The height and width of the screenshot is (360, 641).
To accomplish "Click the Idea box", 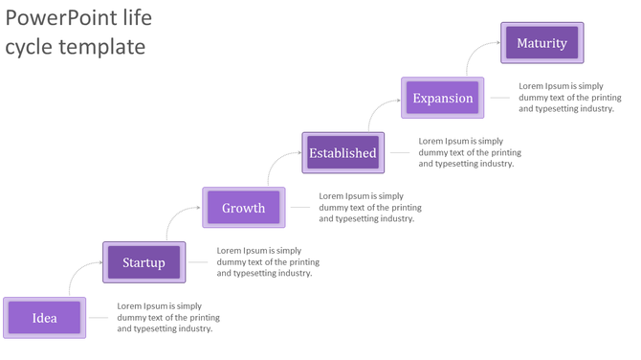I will pyautogui.click(x=45, y=318).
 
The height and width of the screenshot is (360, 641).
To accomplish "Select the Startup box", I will pyautogui.click(x=144, y=262).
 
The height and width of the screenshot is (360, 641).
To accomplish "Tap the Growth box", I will pyautogui.click(x=244, y=208).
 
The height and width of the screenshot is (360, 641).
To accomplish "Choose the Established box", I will pyautogui.click(x=343, y=152).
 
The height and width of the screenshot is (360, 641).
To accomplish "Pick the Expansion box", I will pyautogui.click(x=443, y=98).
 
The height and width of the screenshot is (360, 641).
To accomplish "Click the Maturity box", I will pyautogui.click(x=542, y=43).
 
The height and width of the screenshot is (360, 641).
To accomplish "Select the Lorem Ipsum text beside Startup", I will pyautogui.click(x=268, y=262).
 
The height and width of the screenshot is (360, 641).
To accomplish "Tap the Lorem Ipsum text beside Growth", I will pyautogui.click(x=369, y=207).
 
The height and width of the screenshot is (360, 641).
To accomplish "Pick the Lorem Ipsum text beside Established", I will pyautogui.click(x=470, y=152).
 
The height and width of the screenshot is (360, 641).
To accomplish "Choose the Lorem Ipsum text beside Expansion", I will pyautogui.click(x=569, y=98).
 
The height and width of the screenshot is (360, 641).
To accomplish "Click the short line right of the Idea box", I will pyautogui.click(x=100, y=318).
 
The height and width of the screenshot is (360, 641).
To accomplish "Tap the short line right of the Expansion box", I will pyautogui.click(x=498, y=98).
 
